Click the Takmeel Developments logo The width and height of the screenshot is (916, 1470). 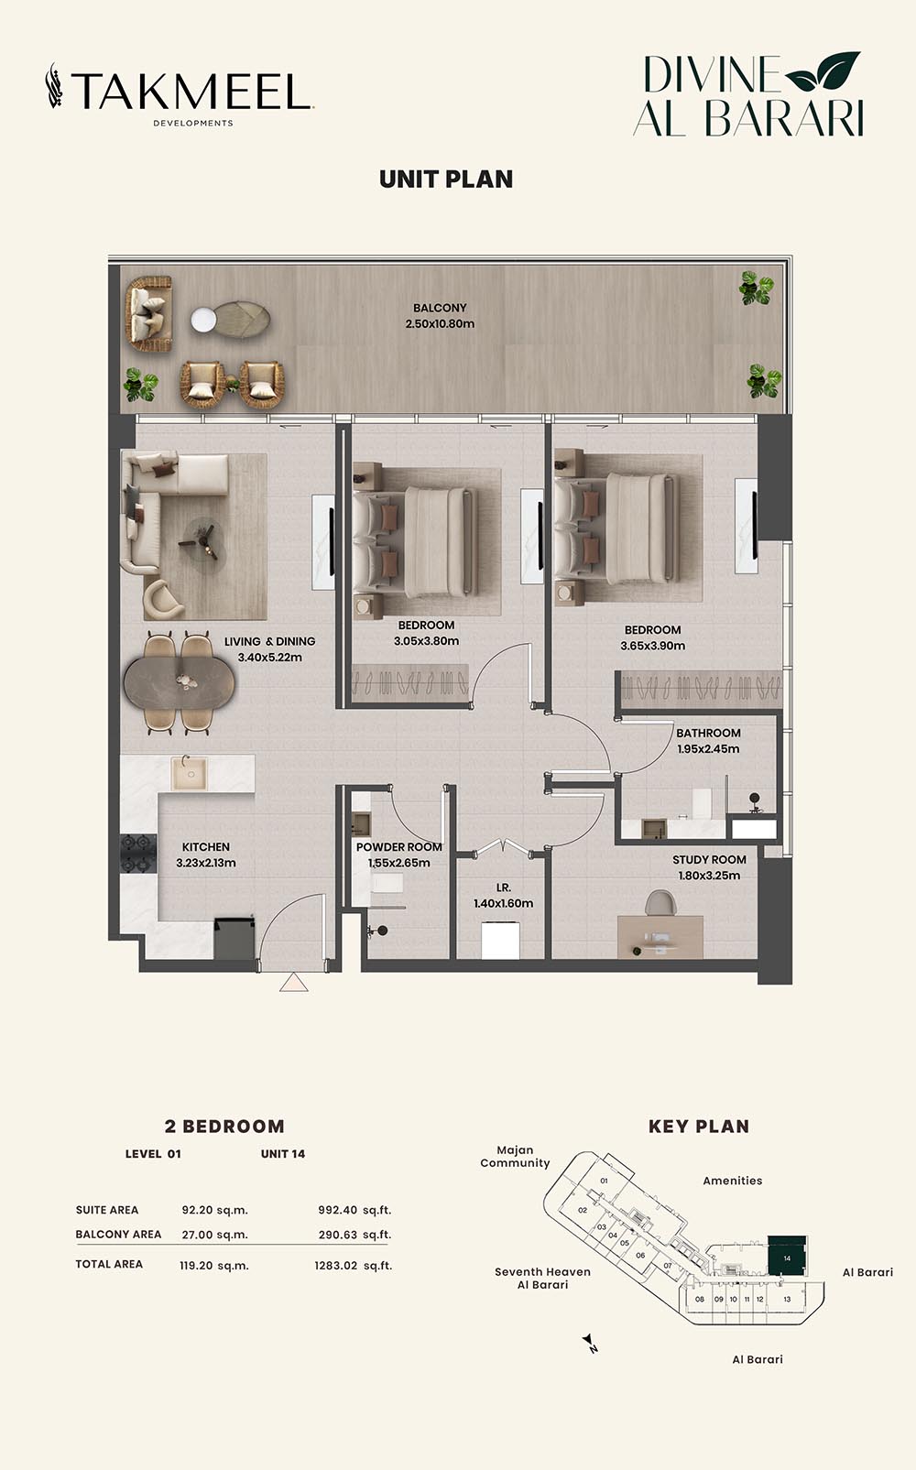click(180, 94)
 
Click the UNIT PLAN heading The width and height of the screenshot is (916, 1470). click(446, 180)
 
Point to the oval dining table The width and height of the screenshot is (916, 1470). click(180, 682)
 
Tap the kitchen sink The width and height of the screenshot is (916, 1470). click(189, 773)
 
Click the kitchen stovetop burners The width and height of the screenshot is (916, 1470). click(137, 853)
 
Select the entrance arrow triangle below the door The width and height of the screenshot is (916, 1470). click(293, 982)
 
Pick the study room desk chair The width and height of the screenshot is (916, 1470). click(660, 902)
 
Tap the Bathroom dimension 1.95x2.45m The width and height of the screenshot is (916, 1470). click(708, 749)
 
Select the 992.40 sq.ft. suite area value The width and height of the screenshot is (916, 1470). click(354, 1210)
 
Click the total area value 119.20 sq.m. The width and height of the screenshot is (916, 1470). click(214, 1265)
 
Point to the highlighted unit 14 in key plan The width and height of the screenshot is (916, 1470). click(787, 1256)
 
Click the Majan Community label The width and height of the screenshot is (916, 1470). click(515, 1157)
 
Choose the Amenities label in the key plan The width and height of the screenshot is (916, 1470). click(732, 1181)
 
